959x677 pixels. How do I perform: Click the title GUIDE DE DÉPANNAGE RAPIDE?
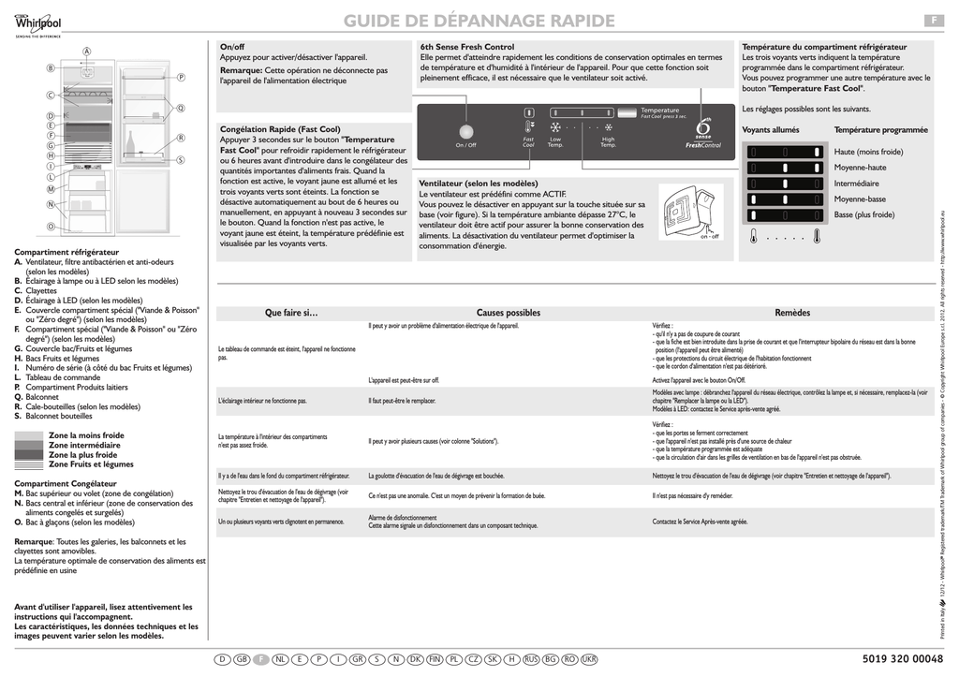(x=479, y=21)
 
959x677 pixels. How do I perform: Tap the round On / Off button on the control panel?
(x=465, y=130)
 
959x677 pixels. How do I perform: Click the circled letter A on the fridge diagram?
(x=86, y=50)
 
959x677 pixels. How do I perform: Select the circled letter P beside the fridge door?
(x=181, y=77)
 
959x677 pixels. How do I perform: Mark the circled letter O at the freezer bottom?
(x=51, y=227)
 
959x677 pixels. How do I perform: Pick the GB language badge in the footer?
(x=242, y=660)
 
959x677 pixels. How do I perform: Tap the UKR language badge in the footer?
(x=588, y=660)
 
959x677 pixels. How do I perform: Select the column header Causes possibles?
(x=508, y=313)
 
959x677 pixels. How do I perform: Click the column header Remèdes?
(x=791, y=313)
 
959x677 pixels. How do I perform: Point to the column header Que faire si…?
(x=291, y=313)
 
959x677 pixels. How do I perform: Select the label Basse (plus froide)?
(x=863, y=214)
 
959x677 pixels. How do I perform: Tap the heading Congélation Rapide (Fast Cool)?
(x=280, y=128)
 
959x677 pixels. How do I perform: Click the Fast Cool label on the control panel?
(x=528, y=142)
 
